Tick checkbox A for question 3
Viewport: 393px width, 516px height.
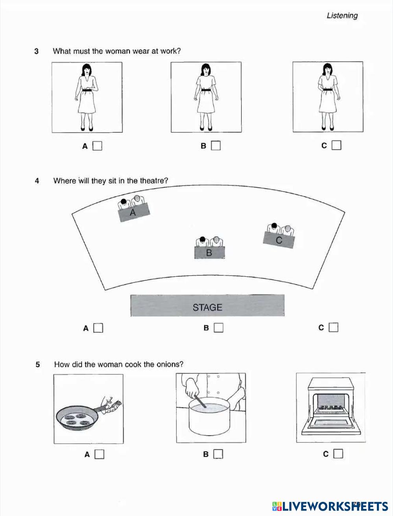(97, 146)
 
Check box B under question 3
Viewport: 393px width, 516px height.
(216, 146)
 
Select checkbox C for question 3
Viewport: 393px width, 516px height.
(336, 146)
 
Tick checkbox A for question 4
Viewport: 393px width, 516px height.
(98, 328)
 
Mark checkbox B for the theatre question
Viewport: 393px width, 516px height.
(218, 327)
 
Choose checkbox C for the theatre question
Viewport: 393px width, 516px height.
(333, 327)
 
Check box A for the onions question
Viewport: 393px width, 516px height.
(100, 454)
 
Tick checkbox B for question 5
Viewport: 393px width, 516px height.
(218, 454)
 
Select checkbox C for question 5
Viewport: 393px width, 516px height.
(338, 454)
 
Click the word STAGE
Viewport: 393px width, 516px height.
(207, 307)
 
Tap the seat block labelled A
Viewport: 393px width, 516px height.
(134, 213)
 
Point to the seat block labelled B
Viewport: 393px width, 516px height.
(209, 253)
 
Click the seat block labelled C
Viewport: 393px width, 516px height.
(279, 240)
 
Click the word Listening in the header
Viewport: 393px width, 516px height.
(342, 16)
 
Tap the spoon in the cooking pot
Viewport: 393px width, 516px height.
(200, 402)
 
